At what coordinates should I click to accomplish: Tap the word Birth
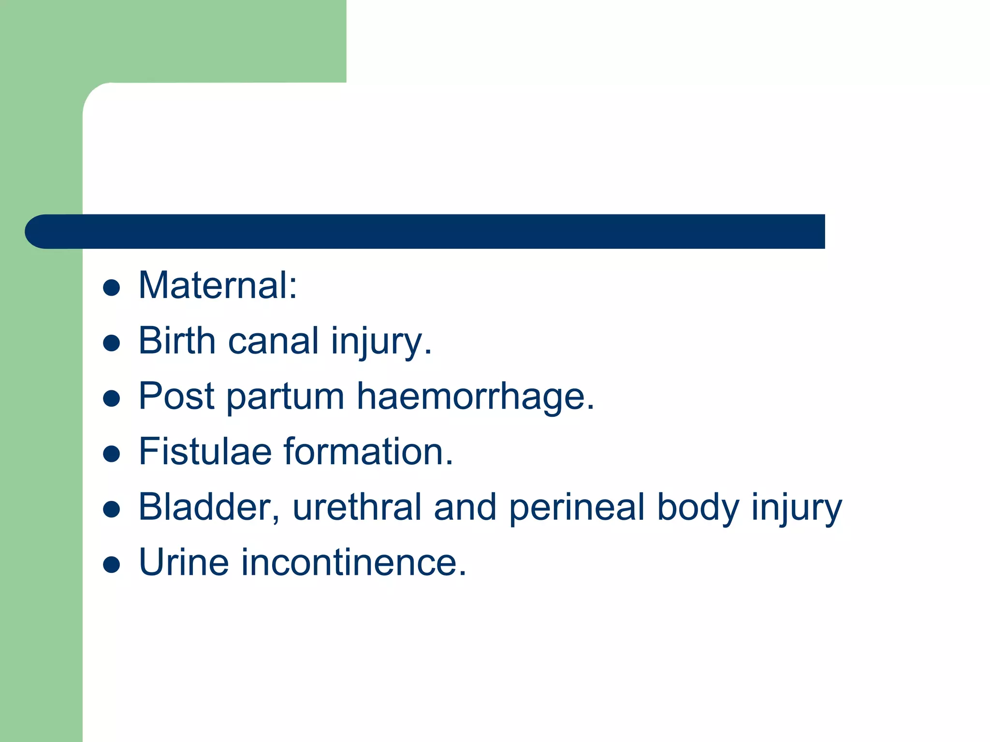coord(177,341)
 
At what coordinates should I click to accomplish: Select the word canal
coord(273,341)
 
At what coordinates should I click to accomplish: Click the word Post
coord(176,397)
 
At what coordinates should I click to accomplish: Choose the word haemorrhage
coord(475,398)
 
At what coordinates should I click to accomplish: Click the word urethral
coord(357,507)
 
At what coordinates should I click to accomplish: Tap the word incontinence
coord(354,563)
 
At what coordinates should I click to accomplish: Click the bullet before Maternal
coord(112,288)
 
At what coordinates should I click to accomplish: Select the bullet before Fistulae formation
coord(112,454)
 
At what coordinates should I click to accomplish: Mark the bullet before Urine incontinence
coord(112,565)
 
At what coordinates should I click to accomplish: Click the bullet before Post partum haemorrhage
coord(112,399)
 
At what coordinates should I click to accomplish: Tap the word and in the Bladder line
coord(465,507)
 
